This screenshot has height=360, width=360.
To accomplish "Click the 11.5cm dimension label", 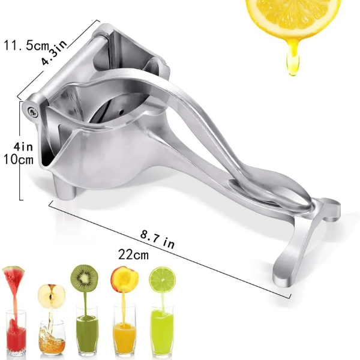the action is [x=26, y=45].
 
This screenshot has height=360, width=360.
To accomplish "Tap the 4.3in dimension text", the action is [x=54, y=53].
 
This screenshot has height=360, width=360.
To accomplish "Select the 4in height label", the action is [x=23, y=147].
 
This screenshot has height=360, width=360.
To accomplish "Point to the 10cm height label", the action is [x=19, y=159].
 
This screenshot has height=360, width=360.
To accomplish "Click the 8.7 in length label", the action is [x=157, y=239].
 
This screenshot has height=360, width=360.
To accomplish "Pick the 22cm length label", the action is [x=133, y=254].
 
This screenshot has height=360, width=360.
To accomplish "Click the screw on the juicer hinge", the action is [x=33, y=112].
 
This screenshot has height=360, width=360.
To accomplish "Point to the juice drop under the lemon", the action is [x=293, y=59].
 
